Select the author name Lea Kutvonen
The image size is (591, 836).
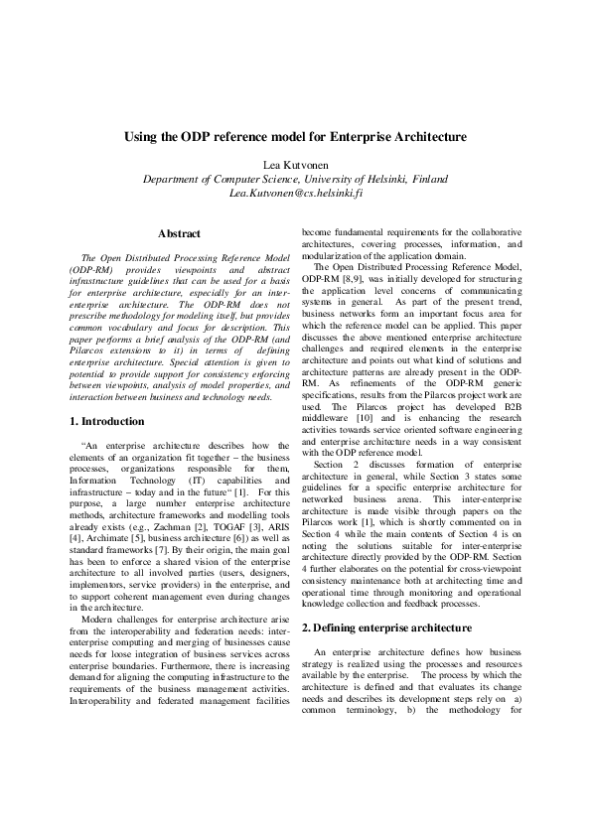coord(295,164)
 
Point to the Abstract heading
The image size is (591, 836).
coord(179,233)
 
